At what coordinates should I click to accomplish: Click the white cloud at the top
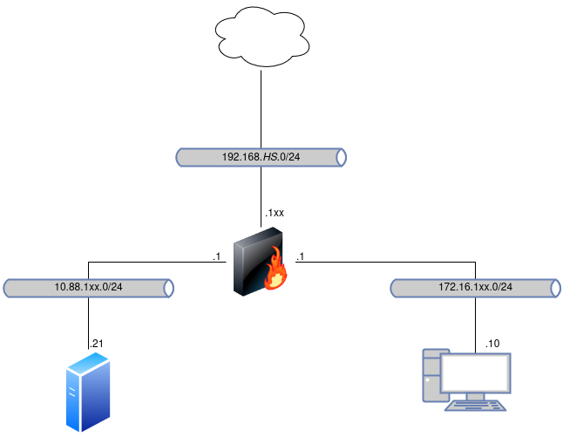click(261, 38)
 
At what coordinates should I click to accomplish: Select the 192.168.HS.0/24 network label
click(261, 157)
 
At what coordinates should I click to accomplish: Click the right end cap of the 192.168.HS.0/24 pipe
click(342, 157)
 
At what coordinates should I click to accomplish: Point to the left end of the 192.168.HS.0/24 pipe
click(180, 157)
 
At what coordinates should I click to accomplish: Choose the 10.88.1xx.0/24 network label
click(88, 288)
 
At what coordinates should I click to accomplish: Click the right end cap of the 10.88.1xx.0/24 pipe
click(169, 288)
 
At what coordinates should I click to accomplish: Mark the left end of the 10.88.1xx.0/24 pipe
click(7, 288)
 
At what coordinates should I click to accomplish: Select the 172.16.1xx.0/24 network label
click(475, 288)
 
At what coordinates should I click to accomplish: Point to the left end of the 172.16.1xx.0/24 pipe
click(394, 288)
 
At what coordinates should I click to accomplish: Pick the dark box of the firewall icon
click(253, 260)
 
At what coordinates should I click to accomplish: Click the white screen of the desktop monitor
click(475, 372)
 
